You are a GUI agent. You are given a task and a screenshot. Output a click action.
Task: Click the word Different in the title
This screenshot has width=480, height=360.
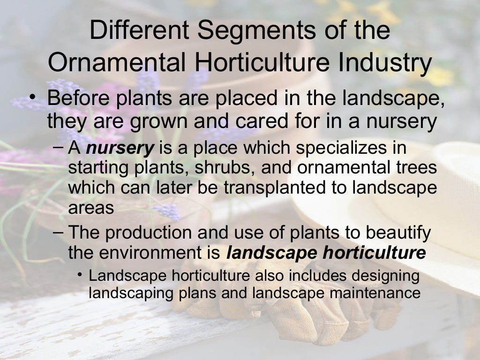139,30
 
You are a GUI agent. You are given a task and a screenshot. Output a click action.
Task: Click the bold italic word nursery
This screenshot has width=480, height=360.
120,148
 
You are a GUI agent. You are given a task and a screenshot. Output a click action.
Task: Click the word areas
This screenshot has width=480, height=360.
91,208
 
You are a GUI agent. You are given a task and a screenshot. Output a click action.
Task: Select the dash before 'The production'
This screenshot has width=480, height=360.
58,232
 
